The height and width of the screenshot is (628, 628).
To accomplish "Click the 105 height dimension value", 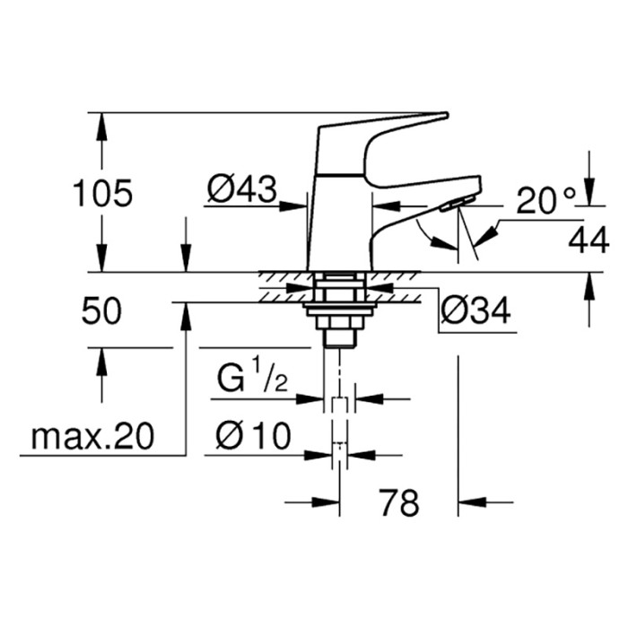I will pos(102,192).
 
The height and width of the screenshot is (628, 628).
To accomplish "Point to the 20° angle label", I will pos(545,201).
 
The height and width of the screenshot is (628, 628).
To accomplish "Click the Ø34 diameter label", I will pos(475,311).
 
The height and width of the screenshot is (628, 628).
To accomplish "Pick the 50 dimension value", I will pos(102,312).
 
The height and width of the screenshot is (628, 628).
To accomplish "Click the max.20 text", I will pos(92,437).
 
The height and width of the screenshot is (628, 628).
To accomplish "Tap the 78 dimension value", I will pos(398,503).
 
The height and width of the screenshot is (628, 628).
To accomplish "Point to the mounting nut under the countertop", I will pos(338,310).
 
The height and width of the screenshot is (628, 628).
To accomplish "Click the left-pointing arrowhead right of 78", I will pos(471,502).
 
